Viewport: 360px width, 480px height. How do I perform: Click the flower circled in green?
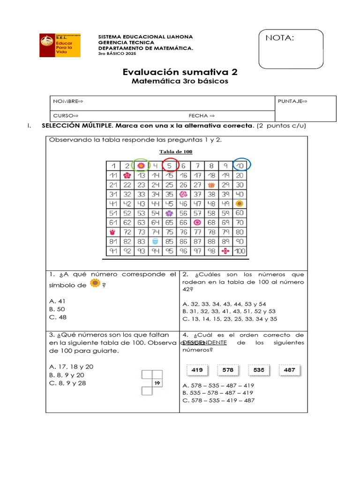coord(141,165)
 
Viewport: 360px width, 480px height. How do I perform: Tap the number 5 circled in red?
coord(170,165)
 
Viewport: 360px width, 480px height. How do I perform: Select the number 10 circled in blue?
coord(240,165)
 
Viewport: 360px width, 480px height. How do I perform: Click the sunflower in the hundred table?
coord(240,203)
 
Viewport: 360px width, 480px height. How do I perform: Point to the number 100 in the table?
coord(240,251)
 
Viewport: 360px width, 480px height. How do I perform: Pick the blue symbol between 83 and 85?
coord(156,242)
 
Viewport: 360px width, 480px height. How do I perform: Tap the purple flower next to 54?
coord(169,213)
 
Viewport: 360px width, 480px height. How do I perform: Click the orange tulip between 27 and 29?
coord(211,185)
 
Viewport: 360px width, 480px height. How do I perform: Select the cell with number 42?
coord(127,203)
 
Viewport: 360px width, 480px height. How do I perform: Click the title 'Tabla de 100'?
coord(176,151)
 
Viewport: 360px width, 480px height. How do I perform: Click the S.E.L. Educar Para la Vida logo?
coord(60,45)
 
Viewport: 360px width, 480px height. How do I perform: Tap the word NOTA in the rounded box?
coord(280,38)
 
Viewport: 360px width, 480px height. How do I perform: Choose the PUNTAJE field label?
coord(292,101)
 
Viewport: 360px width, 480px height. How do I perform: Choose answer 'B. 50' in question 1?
coord(57,309)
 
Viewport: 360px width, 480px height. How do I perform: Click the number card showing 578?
coord(228,370)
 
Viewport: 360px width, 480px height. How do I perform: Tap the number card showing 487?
coord(289,370)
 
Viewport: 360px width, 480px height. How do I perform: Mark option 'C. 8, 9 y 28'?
coord(67,383)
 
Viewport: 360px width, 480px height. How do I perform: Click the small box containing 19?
coord(157,383)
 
